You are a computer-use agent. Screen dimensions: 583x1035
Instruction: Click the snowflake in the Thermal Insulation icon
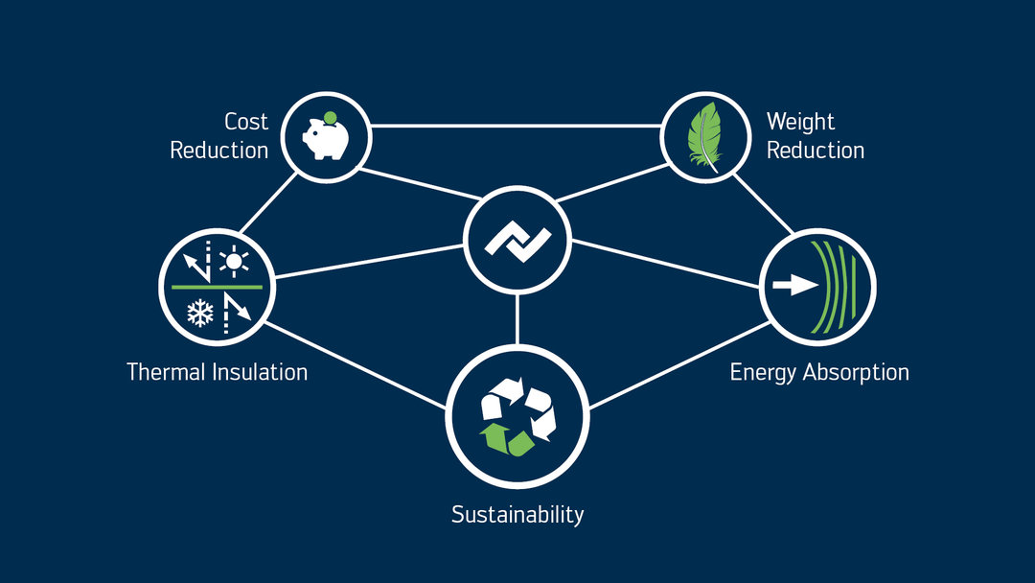click(x=198, y=312)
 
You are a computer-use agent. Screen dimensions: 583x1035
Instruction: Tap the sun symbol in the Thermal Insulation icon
click(x=234, y=261)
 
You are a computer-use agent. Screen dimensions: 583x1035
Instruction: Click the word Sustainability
click(x=517, y=514)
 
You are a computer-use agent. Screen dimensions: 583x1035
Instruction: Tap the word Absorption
click(x=855, y=372)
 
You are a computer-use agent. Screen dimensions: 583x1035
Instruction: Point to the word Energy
click(x=763, y=373)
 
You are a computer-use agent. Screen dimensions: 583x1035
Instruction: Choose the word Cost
click(x=246, y=122)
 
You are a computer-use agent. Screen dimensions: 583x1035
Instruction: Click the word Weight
click(x=800, y=122)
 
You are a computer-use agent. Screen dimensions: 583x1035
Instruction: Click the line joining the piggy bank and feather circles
click(x=517, y=126)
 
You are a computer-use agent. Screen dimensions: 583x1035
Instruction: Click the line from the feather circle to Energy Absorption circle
click(x=765, y=203)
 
